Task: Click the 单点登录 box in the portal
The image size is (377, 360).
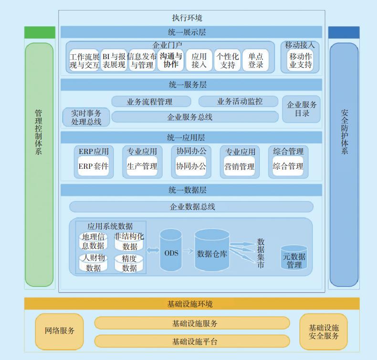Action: [256, 61]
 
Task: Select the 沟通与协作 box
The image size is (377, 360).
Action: [170, 61]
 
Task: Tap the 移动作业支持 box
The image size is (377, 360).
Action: [300, 61]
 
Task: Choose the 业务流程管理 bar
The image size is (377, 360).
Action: [151, 102]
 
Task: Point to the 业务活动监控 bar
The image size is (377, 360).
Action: [238, 102]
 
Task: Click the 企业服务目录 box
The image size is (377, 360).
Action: [302, 109]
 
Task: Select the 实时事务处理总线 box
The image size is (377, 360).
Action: [86, 117]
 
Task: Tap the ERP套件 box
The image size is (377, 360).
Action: [94, 166]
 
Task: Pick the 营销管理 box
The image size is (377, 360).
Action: [240, 166]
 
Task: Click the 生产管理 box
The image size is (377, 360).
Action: [142, 166]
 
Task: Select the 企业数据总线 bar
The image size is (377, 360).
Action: [191, 207]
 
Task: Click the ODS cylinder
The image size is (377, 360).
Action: [171, 251]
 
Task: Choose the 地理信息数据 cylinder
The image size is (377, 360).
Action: [93, 241]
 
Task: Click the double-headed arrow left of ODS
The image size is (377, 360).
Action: [153, 250]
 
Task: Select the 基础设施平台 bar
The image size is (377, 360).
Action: [192, 341]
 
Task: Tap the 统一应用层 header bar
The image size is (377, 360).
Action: [191, 137]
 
